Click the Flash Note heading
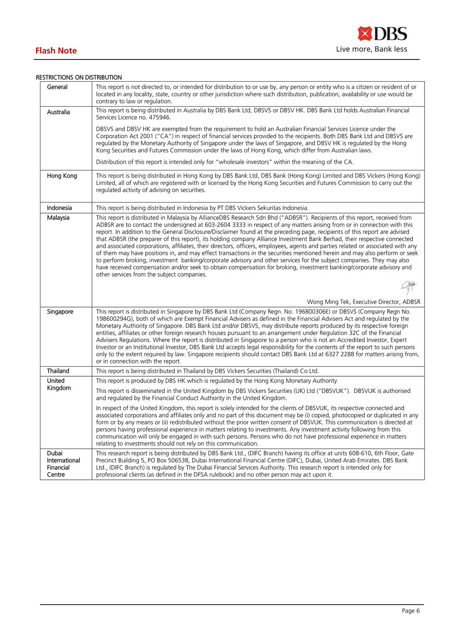tap(56, 51)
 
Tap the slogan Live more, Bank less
tap(371, 49)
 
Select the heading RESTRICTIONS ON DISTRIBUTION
tap(79, 78)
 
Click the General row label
tap(57, 87)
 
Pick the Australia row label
tap(59, 112)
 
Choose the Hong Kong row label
tap(62, 176)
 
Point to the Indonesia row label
tap(59, 208)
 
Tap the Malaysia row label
tap(58, 218)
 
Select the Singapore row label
tap(60, 312)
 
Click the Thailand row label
tap(58, 371)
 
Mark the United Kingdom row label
tap(59, 384)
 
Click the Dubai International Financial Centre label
tap(63, 464)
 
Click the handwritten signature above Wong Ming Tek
tap(409, 287)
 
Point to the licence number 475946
tap(159, 118)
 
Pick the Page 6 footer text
tap(410, 611)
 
